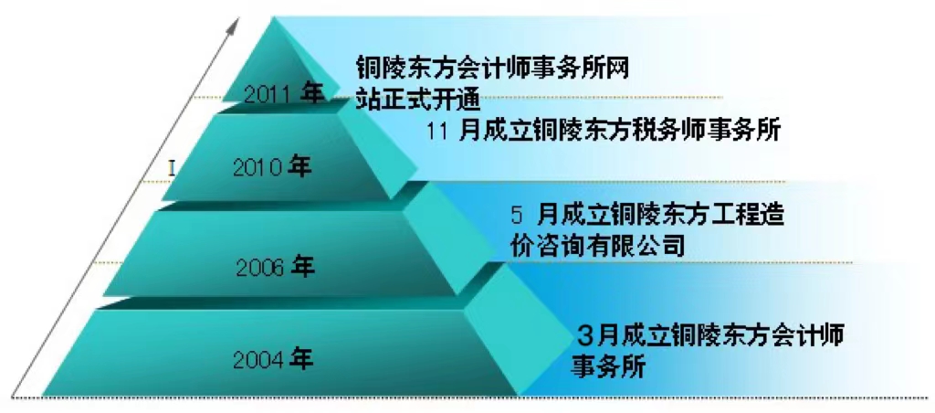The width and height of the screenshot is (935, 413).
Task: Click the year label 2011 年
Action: coord(284,94)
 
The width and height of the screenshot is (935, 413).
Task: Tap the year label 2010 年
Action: coord(272,167)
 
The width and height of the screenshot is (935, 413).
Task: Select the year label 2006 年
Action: coord(274,268)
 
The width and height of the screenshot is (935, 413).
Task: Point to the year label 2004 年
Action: coord(272,359)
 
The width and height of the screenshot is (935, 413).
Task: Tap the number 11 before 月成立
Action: coord(439,132)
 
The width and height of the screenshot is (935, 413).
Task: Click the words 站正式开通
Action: coord(418,99)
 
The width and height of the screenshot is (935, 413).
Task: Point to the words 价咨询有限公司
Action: coord(597,245)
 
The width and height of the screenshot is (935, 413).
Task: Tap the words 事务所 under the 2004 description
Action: coord(609,365)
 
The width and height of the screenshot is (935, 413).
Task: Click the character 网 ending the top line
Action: coord(617,67)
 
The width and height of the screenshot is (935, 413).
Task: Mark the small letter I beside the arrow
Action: coord(171,169)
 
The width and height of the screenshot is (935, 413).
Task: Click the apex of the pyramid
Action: coord(274,18)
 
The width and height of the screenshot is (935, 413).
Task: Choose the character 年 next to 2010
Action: coord(299,167)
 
